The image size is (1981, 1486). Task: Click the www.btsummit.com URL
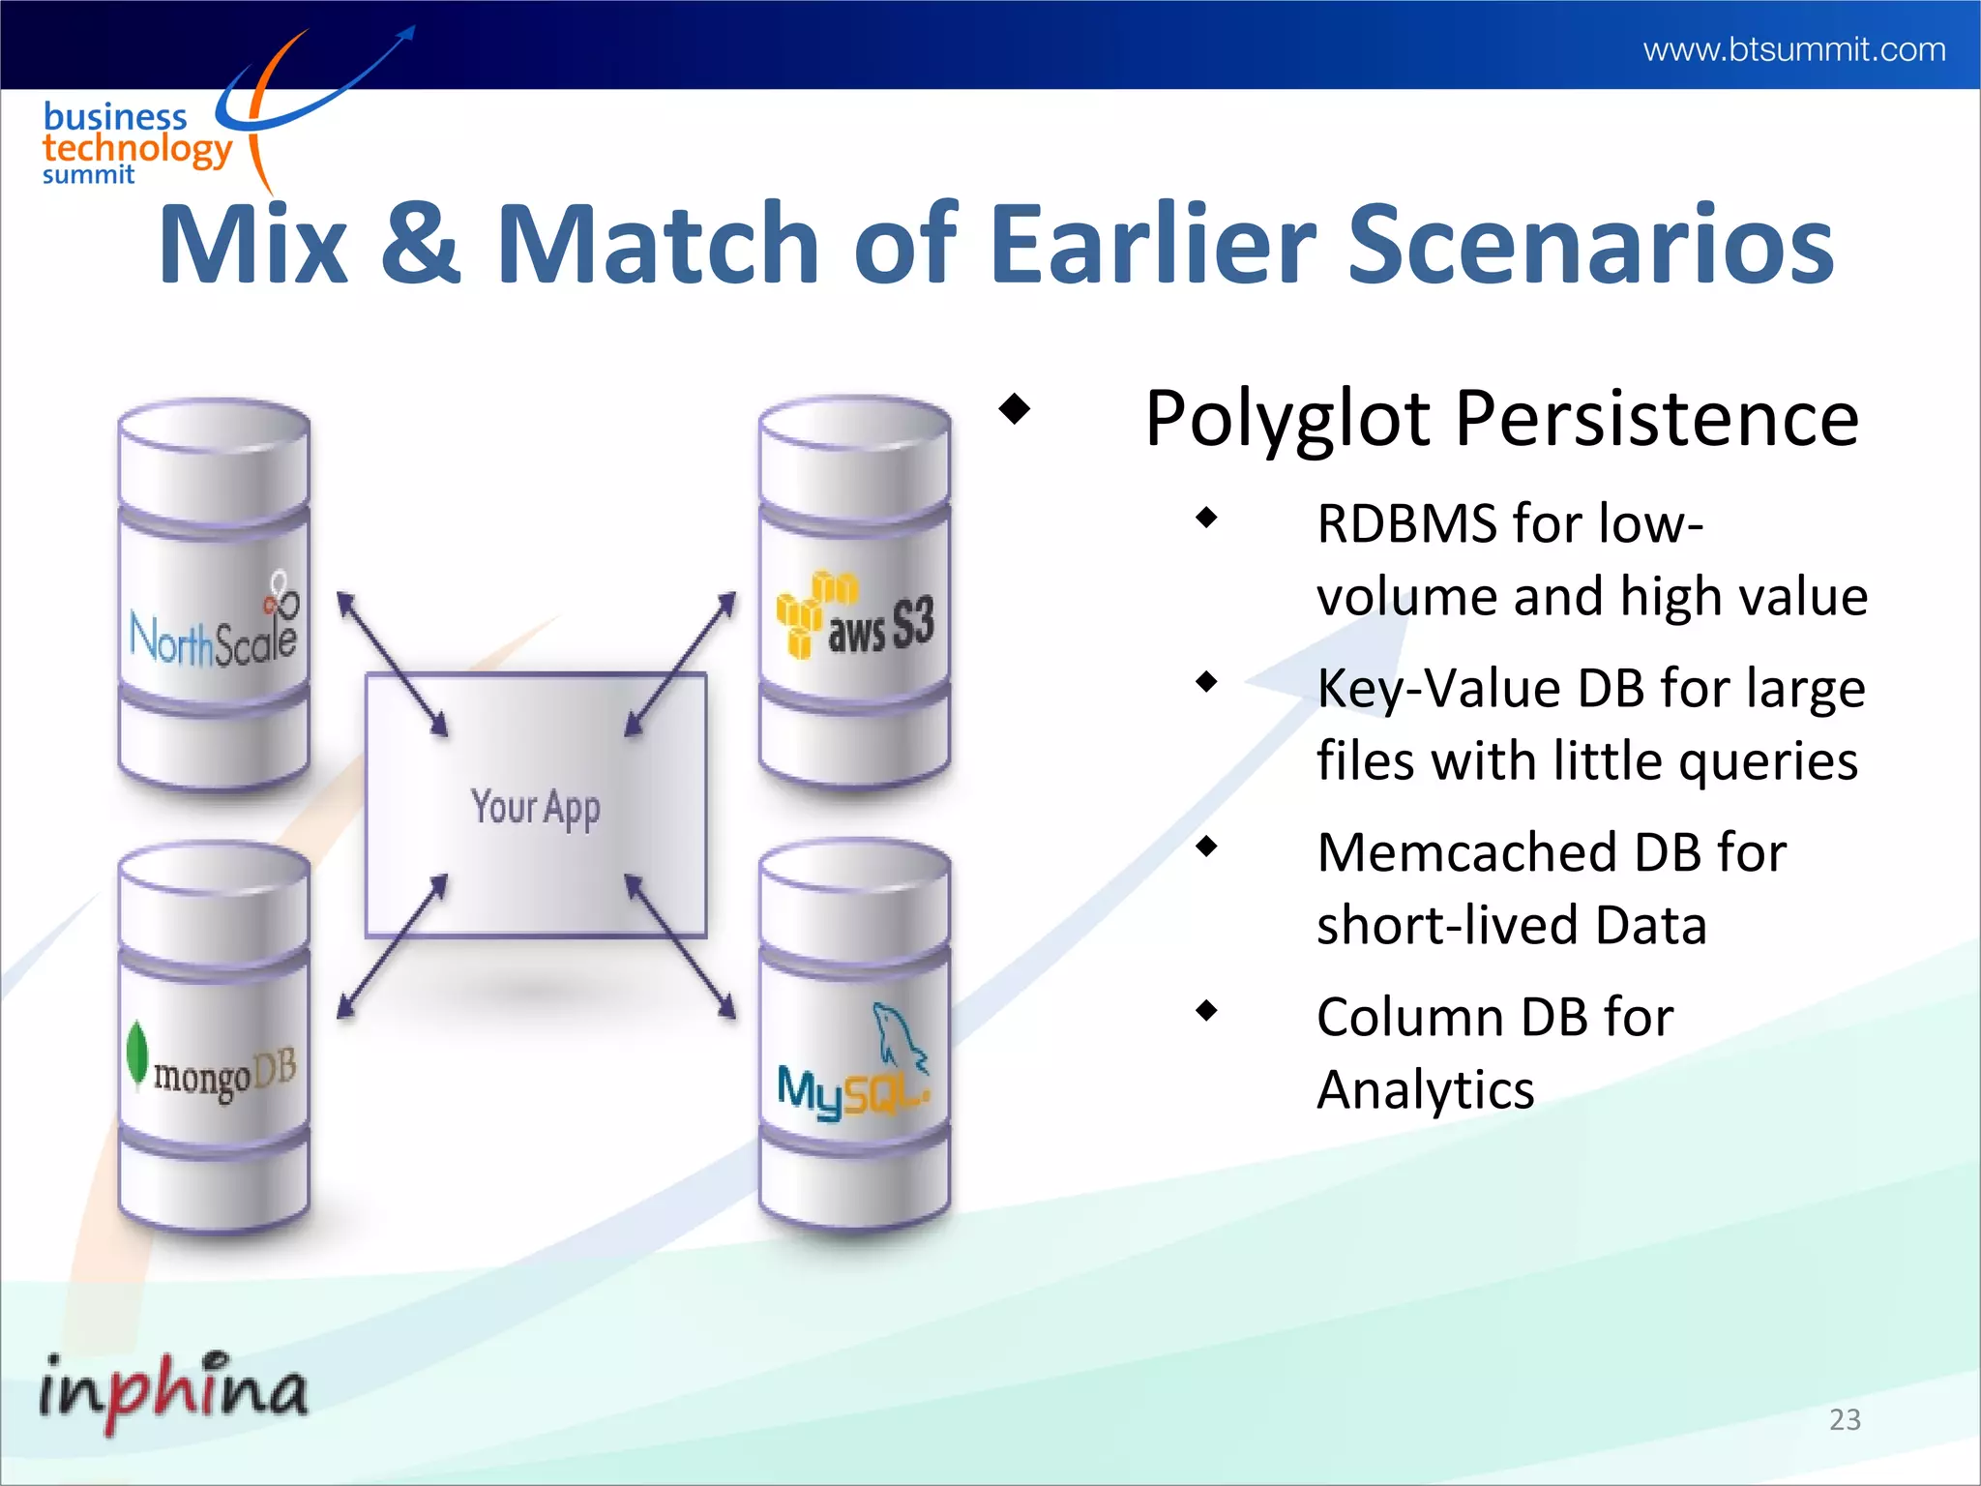tap(1793, 48)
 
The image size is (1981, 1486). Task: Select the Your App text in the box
tap(535, 807)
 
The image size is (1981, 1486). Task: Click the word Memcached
tap(1466, 853)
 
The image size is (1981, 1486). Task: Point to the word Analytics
tap(1425, 1091)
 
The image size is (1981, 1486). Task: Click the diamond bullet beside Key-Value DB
tap(1206, 683)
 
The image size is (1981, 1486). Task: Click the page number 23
tap(1845, 1419)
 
